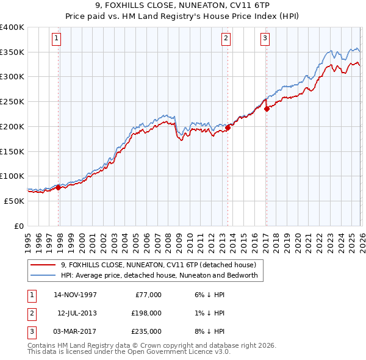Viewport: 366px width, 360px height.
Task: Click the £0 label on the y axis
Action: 19,226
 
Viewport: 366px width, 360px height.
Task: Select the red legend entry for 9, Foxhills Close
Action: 162,265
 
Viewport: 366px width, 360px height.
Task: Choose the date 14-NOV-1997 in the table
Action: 75,295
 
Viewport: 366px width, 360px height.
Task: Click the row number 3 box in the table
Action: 30,331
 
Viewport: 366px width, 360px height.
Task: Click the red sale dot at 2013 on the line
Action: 228,128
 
